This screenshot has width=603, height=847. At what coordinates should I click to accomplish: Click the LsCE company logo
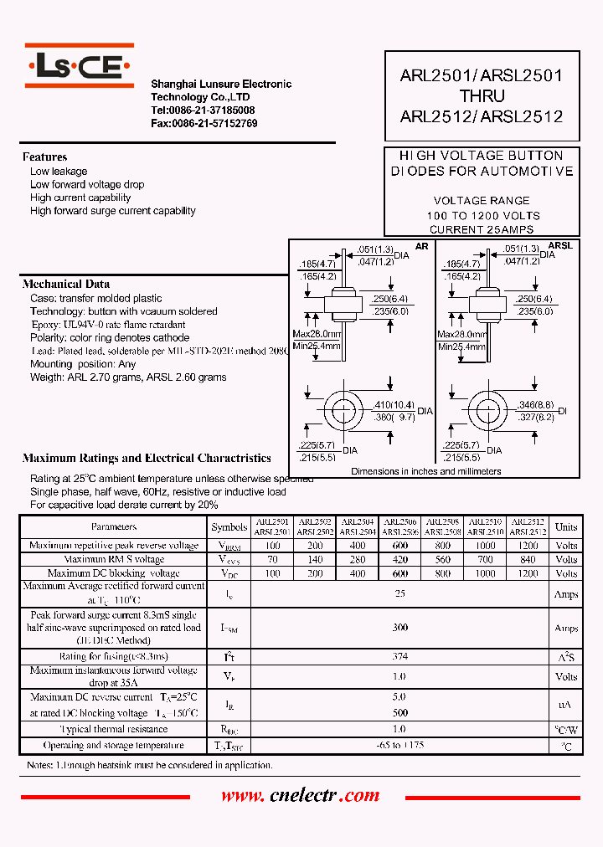pyautogui.click(x=79, y=66)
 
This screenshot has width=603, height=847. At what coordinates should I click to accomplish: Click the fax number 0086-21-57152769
pyautogui.click(x=204, y=123)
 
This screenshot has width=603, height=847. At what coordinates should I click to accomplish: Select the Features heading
pyautogui.click(x=44, y=157)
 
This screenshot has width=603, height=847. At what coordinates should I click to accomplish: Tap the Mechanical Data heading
pyautogui.click(x=65, y=285)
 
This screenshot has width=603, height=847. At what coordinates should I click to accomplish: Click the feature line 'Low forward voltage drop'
pyautogui.click(x=87, y=184)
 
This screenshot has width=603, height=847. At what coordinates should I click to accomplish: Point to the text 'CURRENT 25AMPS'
pyautogui.click(x=481, y=229)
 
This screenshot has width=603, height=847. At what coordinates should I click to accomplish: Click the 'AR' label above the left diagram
pyautogui.click(x=421, y=246)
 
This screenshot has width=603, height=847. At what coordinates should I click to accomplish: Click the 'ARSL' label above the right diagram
pyautogui.click(x=560, y=246)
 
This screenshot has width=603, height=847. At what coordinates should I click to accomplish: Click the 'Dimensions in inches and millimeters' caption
pyautogui.click(x=425, y=471)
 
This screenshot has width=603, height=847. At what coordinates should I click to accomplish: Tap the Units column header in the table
pyautogui.click(x=566, y=526)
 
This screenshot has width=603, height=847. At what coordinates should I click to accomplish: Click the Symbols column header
pyautogui.click(x=229, y=527)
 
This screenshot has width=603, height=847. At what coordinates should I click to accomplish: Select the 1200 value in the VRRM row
pyautogui.click(x=528, y=546)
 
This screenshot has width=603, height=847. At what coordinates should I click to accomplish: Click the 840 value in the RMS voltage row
pyautogui.click(x=528, y=559)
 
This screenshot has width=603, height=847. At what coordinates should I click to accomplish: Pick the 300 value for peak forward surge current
pyautogui.click(x=400, y=628)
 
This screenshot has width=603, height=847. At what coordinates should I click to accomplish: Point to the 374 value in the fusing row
pyautogui.click(x=400, y=657)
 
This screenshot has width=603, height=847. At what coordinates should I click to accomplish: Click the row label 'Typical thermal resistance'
pyautogui.click(x=113, y=730)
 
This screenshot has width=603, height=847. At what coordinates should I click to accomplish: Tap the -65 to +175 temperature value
pyautogui.click(x=400, y=745)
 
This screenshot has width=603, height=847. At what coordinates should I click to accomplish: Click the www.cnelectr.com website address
pyautogui.click(x=300, y=796)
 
